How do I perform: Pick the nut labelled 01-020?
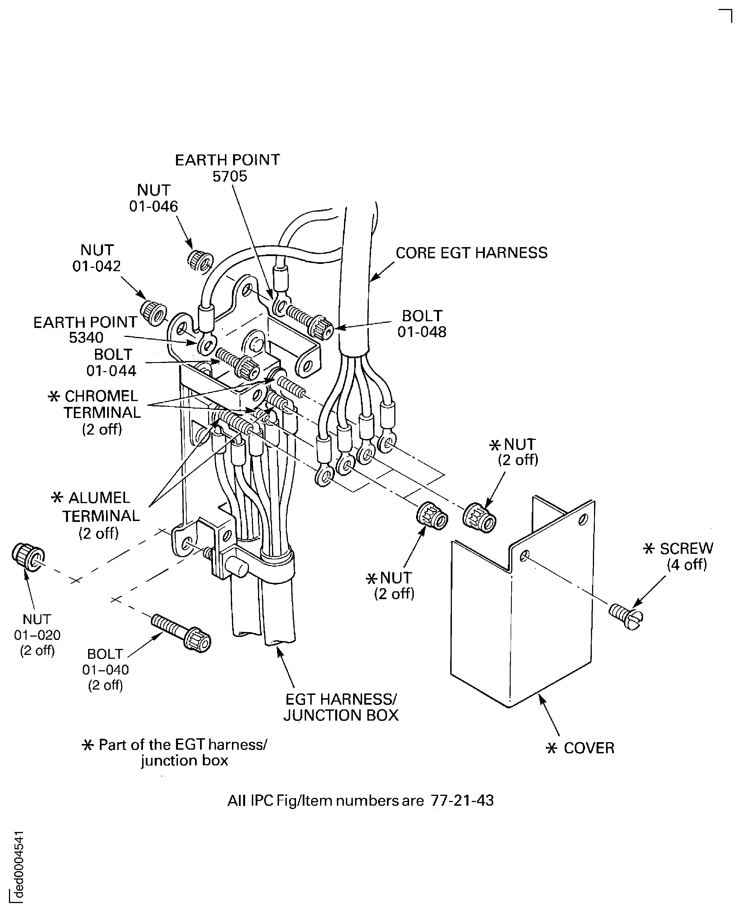tap(27, 556)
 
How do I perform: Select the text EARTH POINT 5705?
tap(227, 168)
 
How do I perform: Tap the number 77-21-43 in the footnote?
tap(463, 801)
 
